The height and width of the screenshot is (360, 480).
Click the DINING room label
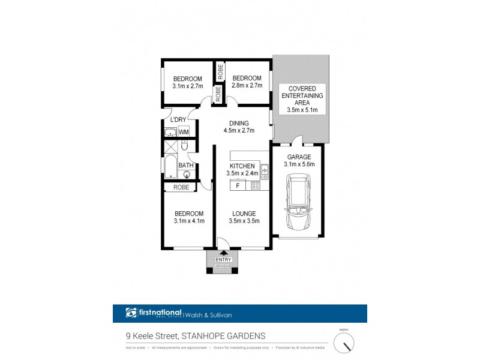pos(239,124)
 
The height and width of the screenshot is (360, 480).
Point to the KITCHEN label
pos(243,166)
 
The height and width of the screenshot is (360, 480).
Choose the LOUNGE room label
pos(242,214)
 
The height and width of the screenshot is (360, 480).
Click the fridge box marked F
pos(238,186)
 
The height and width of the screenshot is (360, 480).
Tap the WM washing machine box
pos(184,131)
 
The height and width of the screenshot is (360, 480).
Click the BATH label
pos(186,166)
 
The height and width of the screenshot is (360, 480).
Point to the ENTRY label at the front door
pos(223,259)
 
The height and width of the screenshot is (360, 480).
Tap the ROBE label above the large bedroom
pos(181,187)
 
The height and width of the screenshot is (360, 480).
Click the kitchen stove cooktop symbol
pos(254,186)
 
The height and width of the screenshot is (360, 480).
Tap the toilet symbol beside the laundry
pos(185,146)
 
